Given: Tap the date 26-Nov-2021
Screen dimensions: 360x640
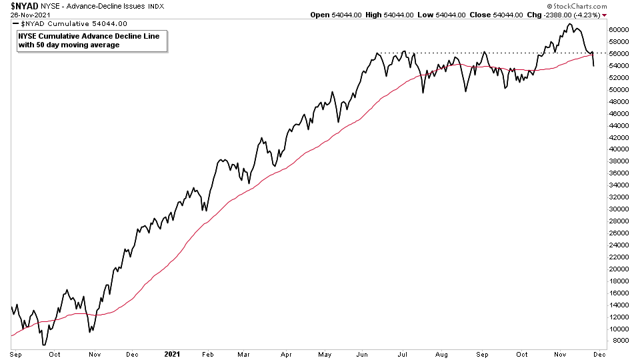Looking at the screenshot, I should click(x=25, y=14).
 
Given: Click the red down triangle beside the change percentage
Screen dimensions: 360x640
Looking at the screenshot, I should click(x=605, y=15).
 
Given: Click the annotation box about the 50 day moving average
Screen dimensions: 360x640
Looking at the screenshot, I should click(x=89, y=40).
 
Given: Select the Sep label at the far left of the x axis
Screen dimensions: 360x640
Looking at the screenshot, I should click(x=17, y=354).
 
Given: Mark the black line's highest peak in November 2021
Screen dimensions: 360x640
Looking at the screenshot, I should click(x=569, y=24).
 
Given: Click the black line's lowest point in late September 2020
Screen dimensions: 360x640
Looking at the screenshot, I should click(x=43, y=345).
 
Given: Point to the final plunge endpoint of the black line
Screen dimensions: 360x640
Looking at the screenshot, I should click(x=593, y=65).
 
